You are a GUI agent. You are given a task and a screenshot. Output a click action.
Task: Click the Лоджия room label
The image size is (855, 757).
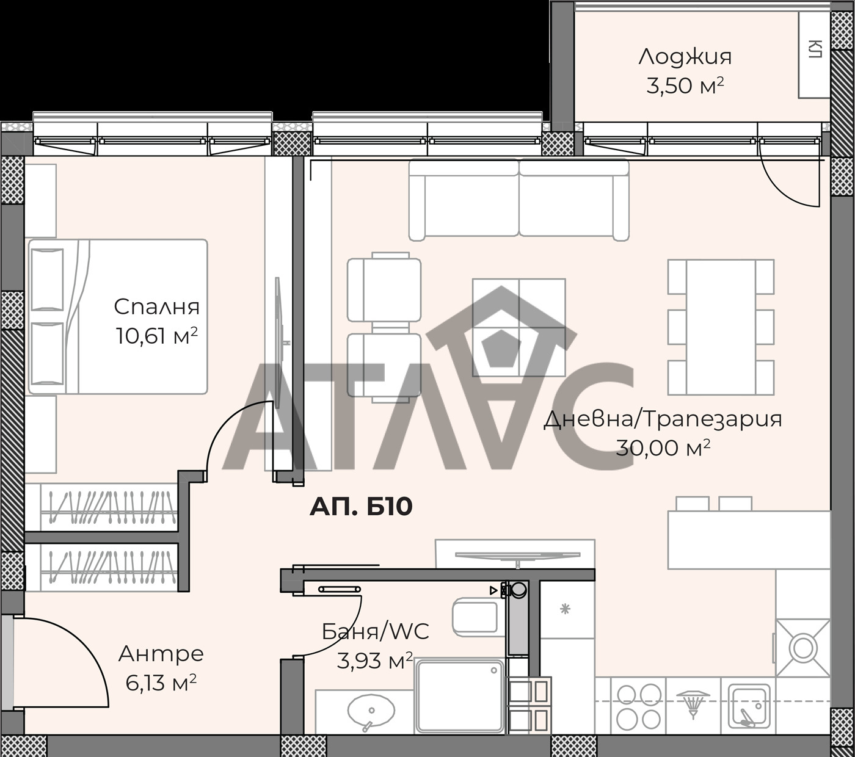coord(685,57)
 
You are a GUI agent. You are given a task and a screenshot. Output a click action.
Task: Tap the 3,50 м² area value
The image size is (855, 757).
coord(685,85)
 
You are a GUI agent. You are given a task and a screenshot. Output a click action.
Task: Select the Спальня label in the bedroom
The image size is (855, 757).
coord(156,308)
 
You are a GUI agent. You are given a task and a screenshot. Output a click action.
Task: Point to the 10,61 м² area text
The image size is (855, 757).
coord(156,336)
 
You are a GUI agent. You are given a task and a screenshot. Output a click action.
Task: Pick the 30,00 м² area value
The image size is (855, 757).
coord(663,448)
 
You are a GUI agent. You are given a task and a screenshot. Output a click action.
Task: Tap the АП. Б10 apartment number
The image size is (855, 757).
coord(361,507)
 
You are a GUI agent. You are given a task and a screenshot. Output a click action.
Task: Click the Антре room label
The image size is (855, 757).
coord(161,654)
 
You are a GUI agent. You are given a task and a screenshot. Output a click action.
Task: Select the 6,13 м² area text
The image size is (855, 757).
coord(161,683)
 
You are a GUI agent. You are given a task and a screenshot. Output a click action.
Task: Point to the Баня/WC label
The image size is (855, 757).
coord(375,632)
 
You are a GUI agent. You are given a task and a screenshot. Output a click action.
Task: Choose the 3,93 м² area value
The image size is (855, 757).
coord(375,661)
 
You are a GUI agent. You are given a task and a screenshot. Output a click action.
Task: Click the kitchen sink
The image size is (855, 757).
coord(752,711)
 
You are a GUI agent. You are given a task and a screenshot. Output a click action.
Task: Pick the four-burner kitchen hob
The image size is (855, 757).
coord(639,711)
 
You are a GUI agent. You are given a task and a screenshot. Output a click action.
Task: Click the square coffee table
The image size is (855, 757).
coord(518,327)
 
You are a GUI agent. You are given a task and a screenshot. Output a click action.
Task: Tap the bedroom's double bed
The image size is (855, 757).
coord(118,316)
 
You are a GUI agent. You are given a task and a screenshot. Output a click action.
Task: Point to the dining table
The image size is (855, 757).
coord(721,327)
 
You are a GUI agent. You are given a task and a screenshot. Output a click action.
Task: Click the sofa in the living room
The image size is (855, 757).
coord(518,200)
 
